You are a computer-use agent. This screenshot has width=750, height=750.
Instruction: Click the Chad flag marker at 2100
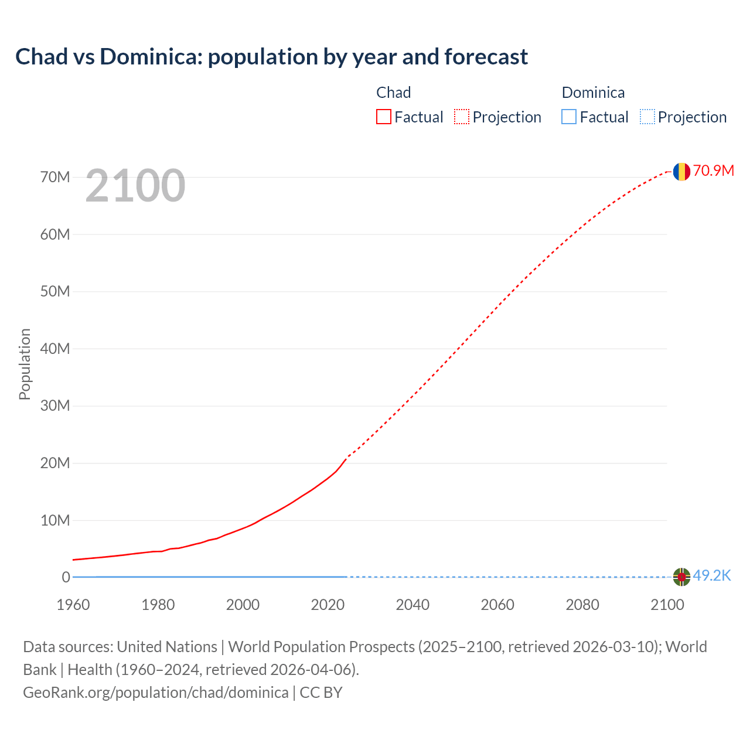[x=681, y=172]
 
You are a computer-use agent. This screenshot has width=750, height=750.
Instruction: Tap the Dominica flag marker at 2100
[x=681, y=577]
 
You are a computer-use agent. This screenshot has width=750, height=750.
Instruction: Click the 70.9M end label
[x=713, y=171]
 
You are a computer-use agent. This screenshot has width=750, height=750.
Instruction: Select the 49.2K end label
[x=711, y=576]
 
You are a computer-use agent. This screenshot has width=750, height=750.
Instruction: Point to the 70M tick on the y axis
[x=55, y=177]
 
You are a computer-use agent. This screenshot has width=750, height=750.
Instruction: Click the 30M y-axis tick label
[x=55, y=405]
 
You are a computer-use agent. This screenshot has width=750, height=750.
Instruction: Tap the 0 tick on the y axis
[x=66, y=577]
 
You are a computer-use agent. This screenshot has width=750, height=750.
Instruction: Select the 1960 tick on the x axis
[x=73, y=605]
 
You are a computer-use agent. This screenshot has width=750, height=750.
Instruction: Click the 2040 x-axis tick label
[x=412, y=605]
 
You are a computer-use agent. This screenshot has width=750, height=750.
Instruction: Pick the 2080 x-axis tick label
[x=582, y=605]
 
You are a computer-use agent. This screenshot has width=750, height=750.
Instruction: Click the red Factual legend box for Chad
[x=383, y=117]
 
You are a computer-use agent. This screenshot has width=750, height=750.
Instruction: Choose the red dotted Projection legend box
[x=462, y=117]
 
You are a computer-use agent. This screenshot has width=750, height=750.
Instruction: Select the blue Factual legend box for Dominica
[x=569, y=117]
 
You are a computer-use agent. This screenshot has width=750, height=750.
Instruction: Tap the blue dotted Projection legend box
[x=647, y=117]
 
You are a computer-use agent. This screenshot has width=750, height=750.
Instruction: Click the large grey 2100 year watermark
[x=135, y=186]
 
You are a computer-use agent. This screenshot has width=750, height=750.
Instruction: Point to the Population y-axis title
[x=25, y=364]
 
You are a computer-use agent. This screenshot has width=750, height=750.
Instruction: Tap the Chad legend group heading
[x=393, y=93]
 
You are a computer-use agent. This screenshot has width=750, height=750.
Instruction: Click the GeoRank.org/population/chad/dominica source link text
[x=156, y=692]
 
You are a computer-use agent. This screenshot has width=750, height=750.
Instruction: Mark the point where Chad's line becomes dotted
[x=347, y=457]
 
